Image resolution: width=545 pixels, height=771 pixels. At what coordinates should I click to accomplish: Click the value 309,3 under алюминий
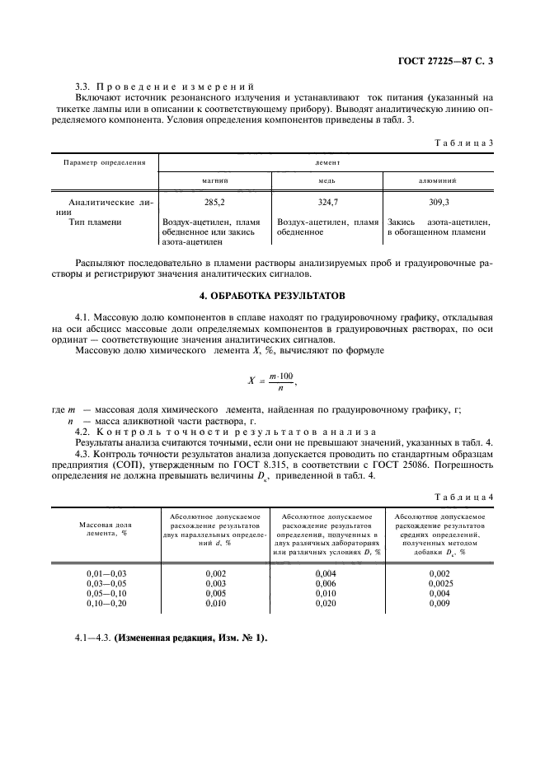coord(439,200)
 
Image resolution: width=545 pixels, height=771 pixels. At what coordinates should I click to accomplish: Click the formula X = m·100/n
coord(271,381)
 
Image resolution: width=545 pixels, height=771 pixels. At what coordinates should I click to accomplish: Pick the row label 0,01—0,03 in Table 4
coord(106,572)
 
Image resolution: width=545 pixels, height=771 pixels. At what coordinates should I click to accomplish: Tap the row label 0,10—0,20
coord(106,604)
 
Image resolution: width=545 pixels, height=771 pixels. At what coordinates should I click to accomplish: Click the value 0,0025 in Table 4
coord(440,582)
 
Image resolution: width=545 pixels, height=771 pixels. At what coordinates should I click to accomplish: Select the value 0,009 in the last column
coord(440,604)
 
